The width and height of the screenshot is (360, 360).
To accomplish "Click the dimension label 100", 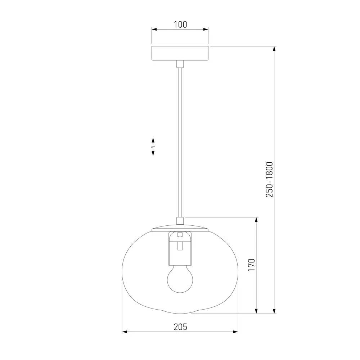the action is (180, 24).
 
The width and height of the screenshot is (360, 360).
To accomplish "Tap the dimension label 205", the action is (180, 327).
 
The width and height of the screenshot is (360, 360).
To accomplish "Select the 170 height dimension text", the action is (252, 265).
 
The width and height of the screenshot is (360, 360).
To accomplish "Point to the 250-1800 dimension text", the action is (270, 180).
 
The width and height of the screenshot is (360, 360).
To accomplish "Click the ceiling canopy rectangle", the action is (180, 53).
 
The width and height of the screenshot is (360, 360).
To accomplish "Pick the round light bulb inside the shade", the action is (180, 279).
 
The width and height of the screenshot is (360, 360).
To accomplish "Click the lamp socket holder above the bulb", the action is (180, 248).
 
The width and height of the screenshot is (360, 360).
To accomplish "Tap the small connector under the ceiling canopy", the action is (180, 64).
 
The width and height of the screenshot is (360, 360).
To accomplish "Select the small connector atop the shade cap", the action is (180, 221).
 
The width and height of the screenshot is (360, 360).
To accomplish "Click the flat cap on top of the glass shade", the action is (180, 228).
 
